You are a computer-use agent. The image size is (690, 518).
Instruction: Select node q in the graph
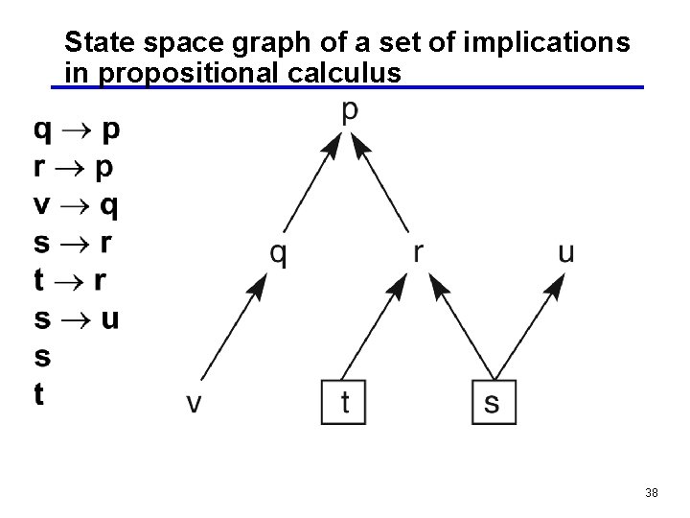(x=278, y=254)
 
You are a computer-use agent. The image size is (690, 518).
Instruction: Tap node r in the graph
(x=418, y=252)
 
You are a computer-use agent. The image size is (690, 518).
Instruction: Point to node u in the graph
(x=565, y=252)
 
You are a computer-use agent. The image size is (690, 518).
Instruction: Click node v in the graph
(x=194, y=403)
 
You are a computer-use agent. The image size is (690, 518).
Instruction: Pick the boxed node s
(x=493, y=403)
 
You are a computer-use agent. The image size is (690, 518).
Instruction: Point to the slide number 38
(x=652, y=493)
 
